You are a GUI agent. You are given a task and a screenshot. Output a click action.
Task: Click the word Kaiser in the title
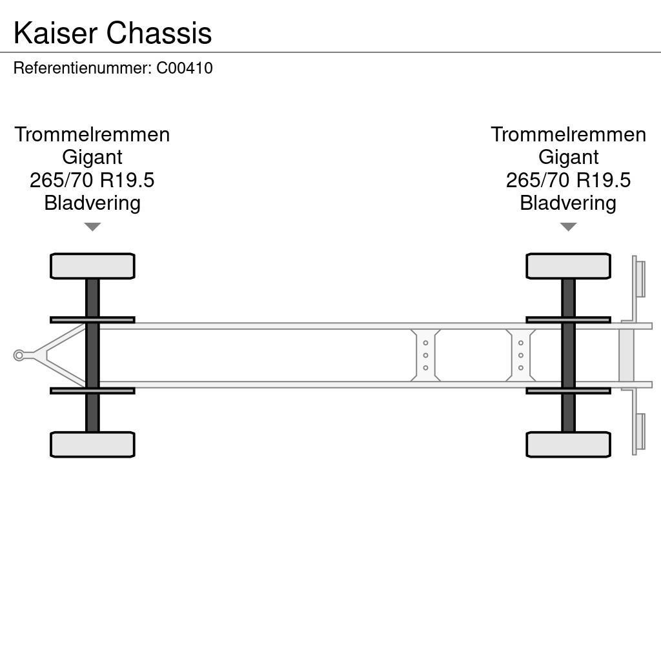point(56,34)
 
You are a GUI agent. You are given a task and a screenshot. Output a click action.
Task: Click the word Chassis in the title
point(159,34)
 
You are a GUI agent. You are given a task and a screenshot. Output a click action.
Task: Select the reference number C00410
point(185,68)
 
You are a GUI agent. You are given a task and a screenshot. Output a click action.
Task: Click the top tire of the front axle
point(92,266)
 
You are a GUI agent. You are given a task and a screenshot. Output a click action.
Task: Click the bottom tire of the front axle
point(92,445)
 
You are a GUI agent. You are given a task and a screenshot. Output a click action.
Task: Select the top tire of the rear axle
point(568,266)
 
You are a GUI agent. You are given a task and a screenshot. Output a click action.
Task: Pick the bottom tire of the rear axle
point(568,445)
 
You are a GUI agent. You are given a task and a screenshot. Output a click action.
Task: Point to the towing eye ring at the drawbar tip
point(19,355)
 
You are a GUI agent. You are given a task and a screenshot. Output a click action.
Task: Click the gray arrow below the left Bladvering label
point(92,227)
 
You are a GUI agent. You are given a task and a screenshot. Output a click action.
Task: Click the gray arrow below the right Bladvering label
point(568,227)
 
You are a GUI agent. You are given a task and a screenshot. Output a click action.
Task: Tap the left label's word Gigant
point(92,158)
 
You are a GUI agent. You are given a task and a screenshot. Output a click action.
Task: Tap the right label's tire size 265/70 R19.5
point(568,180)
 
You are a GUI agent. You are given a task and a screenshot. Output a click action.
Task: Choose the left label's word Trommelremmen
point(92,135)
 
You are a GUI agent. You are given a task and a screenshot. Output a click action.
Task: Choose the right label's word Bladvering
point(568,203)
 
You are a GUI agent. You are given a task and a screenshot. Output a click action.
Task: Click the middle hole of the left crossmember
point(425,356)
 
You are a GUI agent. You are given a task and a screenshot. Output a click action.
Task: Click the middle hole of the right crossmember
point(520,356)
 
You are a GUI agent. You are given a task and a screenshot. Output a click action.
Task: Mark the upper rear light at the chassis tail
point(640,279)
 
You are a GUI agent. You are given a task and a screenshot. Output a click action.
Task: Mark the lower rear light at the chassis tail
point(640,431)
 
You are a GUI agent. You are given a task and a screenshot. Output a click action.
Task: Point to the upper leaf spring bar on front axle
point(92,320)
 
